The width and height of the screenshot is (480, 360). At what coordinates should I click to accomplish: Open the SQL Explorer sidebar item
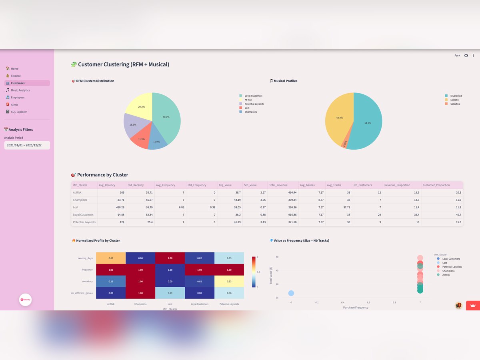coord(19,112)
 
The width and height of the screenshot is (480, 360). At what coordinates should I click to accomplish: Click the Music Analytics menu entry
coord(20,90)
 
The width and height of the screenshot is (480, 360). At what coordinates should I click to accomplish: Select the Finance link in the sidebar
coord(16,76)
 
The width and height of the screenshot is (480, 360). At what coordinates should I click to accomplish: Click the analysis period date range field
coord(27,145)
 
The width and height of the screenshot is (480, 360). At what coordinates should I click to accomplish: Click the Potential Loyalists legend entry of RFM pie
coord(254,104)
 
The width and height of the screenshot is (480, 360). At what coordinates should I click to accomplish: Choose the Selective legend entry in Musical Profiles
coord(455,104)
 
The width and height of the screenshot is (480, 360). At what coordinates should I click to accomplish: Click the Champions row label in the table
coord(80,200)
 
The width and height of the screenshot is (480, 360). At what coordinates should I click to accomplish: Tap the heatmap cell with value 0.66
coord(111,258)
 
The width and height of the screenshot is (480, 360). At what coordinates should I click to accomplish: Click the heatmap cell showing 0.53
coord(229,281)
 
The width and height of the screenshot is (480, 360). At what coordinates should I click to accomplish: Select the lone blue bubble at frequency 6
coord(291,294)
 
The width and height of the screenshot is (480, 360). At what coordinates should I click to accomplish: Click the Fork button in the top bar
coord(457,56)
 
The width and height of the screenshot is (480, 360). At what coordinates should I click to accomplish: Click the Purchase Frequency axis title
coord(356,308)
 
